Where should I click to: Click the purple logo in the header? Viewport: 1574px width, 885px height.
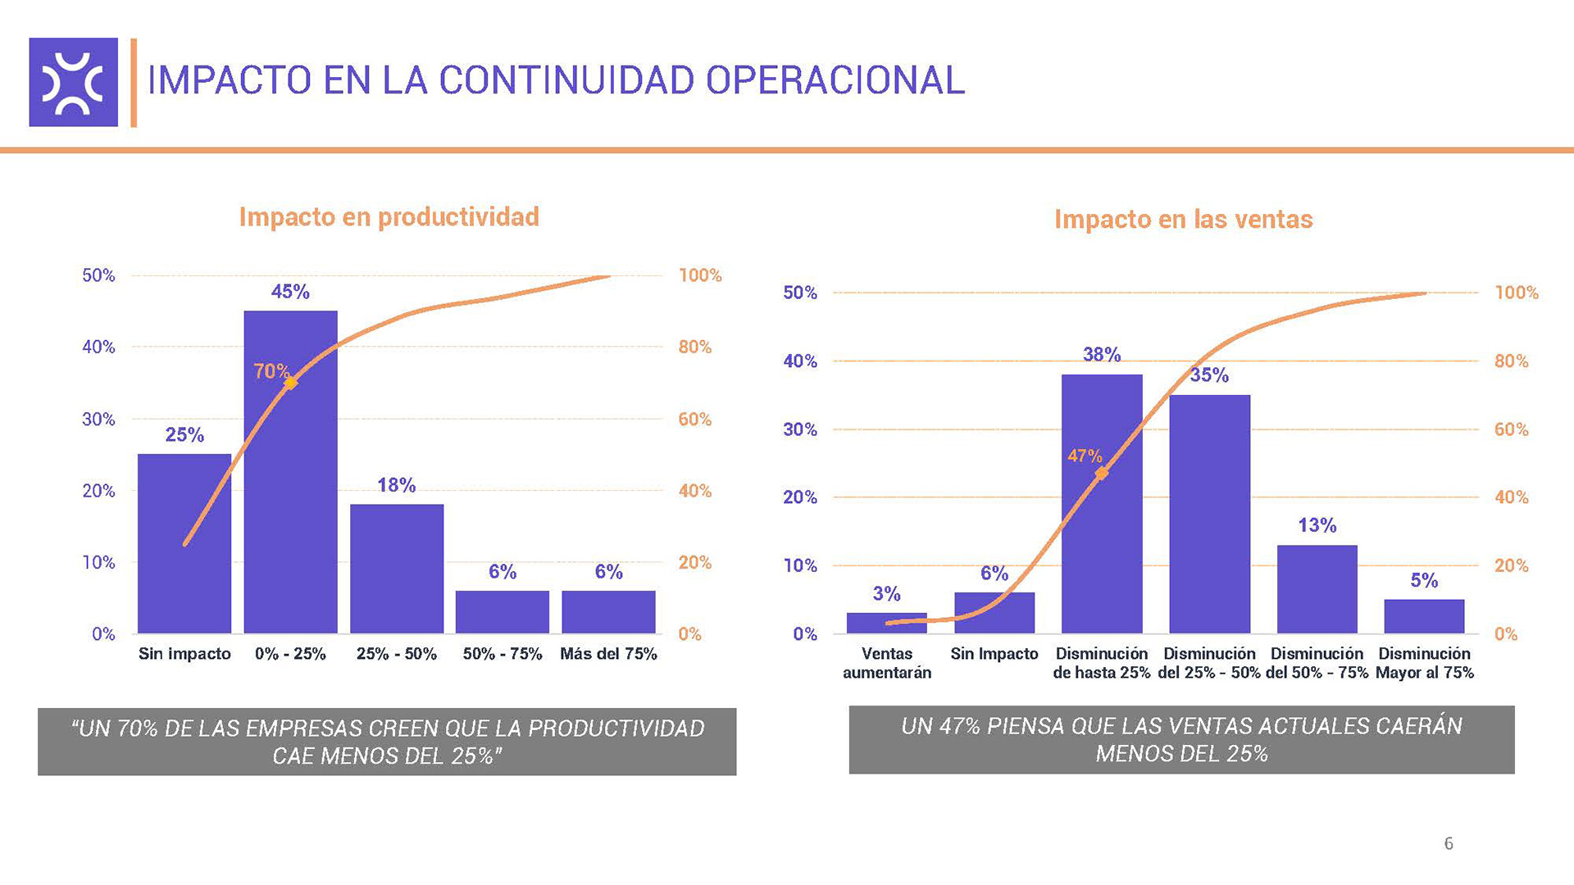click(x=74, y=82)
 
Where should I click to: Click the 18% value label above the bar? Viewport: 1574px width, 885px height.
click(x=396, y=485)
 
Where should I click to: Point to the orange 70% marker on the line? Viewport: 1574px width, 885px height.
click(x=289, y=383)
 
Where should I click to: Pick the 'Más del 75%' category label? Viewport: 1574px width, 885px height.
click(x=608, y=654)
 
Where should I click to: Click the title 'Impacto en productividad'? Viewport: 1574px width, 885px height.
click(x=389, y=217)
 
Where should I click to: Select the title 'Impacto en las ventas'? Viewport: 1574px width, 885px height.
click(x=1183, y=220)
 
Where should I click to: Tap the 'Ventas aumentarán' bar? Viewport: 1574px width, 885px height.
click(x=886, y=623)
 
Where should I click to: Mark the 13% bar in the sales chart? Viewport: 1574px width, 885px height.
click(x=1317, y=589)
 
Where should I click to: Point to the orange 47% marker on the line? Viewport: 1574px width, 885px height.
click(x=1102, y=473)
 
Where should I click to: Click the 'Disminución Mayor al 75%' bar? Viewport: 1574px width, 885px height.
click(x=1424, y=616)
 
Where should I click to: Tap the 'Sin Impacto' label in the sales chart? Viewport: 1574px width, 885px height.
click(x=994, y=654)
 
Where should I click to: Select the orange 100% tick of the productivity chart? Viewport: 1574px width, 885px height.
click(x=700, y=275)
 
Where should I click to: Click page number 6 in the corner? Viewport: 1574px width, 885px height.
click(x=1449, y=843)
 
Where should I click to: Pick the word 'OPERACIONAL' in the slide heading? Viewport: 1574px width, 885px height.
click(x=835, y=80)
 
